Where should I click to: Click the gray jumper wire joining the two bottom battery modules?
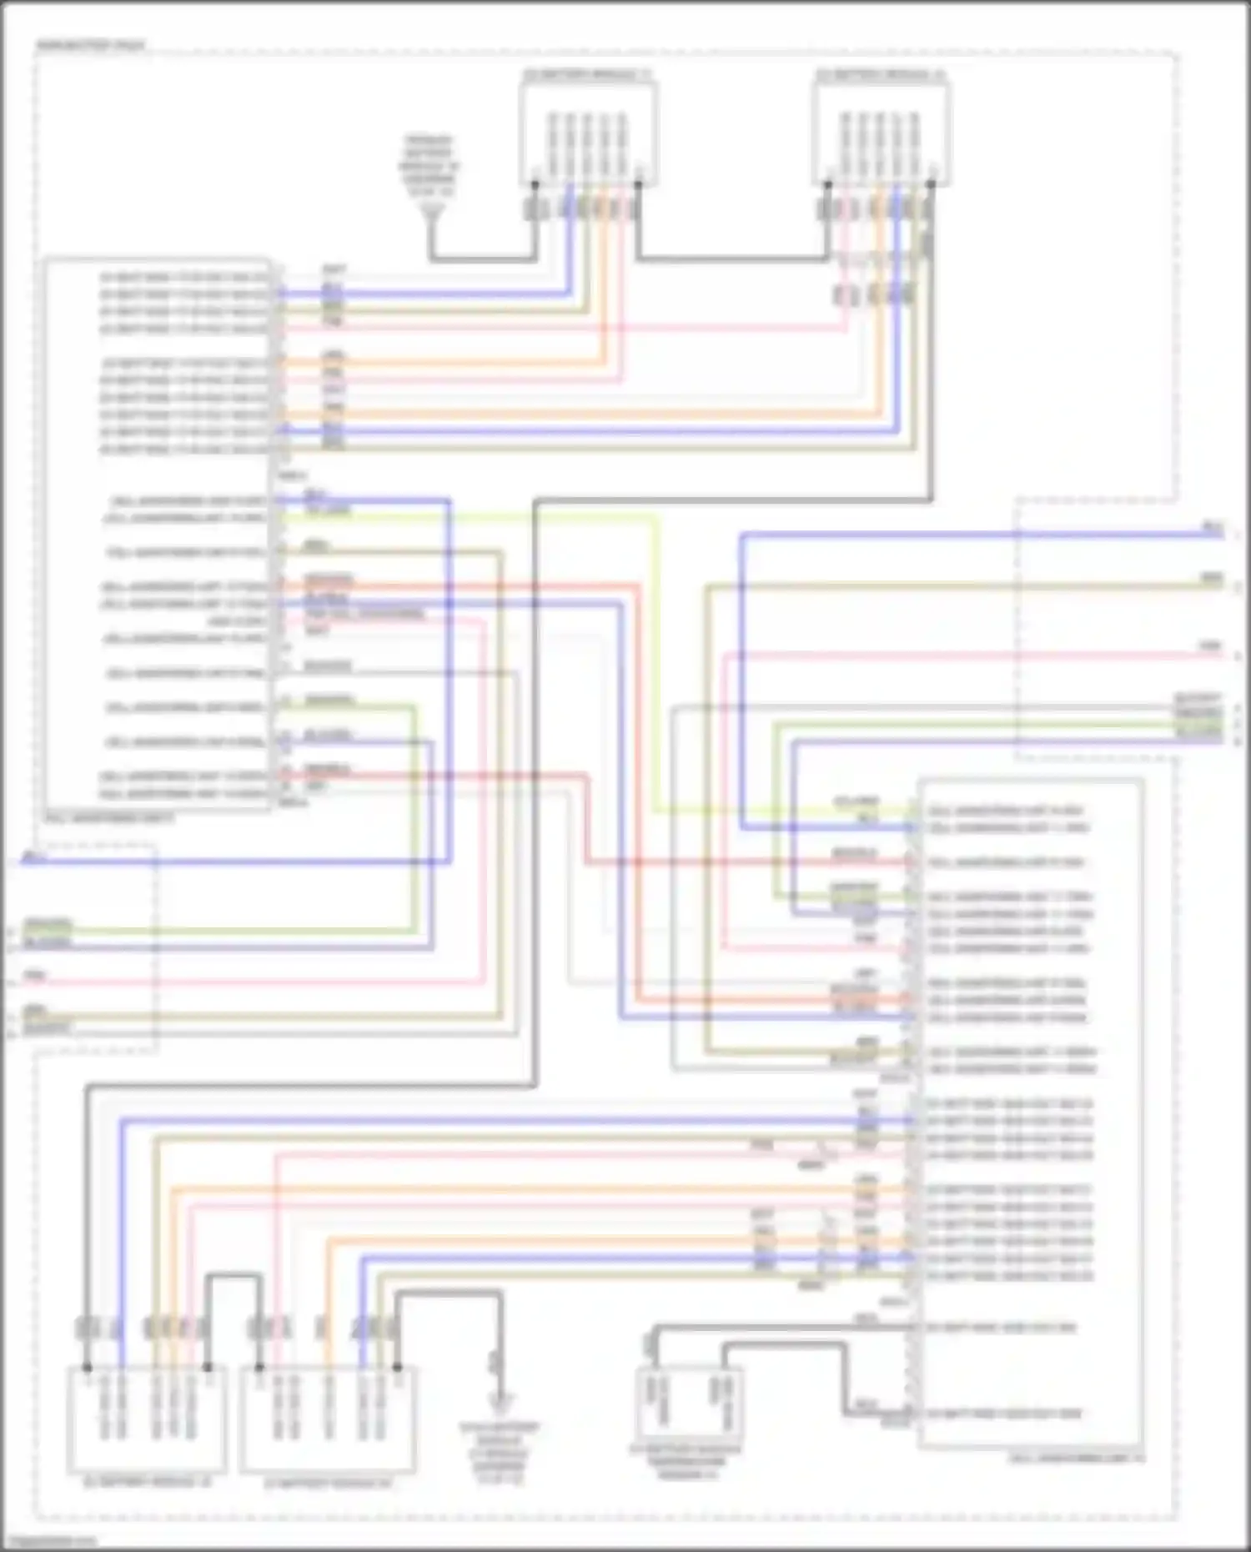tap(234, 1276)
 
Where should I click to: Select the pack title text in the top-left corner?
tap(90, 44)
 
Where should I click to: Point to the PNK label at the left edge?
tap(35, 975)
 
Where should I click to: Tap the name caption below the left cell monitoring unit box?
tap(108, 820)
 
